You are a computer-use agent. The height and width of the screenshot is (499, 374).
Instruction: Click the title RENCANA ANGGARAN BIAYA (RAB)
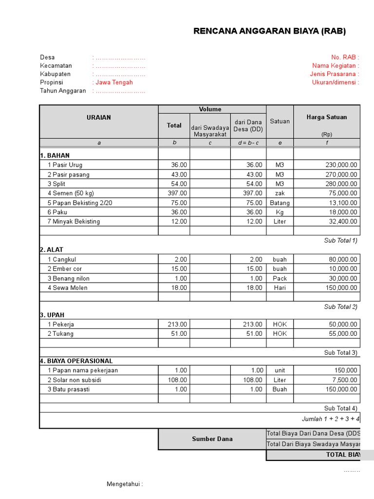click(269, 31)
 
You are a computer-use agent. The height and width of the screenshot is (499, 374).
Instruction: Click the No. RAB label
click(345, 58)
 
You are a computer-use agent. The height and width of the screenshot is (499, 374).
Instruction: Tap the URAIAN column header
click(99, 117)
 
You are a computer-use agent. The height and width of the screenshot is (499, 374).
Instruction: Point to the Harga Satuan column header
click(326, 117)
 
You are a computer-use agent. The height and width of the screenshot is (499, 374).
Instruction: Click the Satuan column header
click(280, 121)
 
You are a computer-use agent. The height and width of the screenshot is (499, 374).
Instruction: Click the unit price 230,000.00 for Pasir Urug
click(341, 165)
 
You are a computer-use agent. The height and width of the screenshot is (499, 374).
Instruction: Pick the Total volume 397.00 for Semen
click(177, 193)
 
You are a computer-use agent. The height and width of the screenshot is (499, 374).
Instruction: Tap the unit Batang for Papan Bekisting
click(280, 203)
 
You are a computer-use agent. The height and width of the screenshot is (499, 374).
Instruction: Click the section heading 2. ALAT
click(52, 250)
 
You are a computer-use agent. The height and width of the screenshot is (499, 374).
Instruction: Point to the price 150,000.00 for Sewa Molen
click(341, 288)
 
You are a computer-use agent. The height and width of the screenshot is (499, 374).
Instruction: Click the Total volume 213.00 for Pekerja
click(177, 325)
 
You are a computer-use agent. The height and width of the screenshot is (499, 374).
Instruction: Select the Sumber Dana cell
click(211, 439)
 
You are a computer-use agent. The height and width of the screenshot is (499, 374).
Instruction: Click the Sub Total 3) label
click(341, 353)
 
